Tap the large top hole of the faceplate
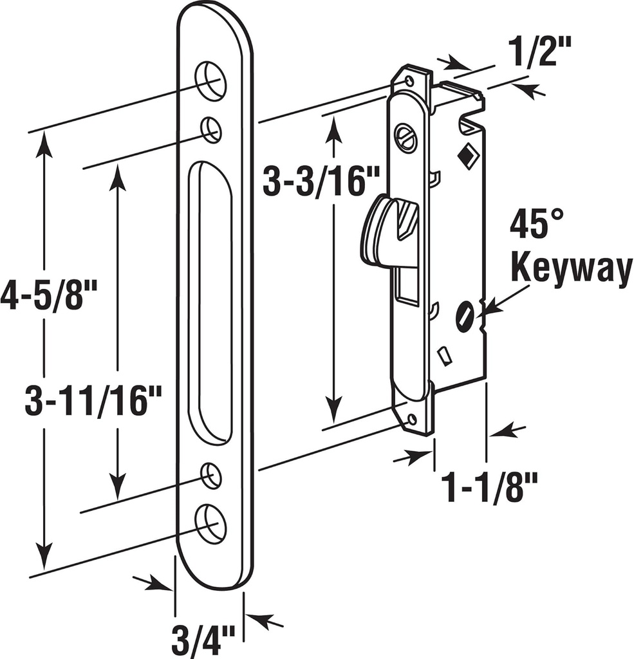click(210, 81)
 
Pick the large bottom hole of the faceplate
click(210, 523)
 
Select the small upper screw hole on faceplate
click(211, 129)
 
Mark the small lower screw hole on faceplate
click(210, 475)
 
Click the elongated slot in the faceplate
click(210, 302)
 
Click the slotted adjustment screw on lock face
click(406, 137)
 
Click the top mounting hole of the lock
click(408, 81)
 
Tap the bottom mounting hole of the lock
click(411, 420)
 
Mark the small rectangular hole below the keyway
click(443, 355)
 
